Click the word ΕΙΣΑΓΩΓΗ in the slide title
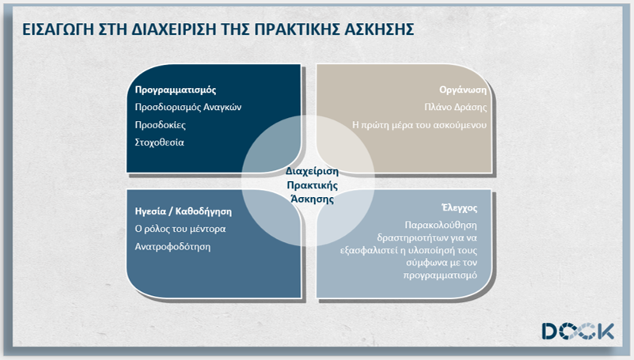[58, 29]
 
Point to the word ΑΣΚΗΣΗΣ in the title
[379, 29]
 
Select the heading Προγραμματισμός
[176, 89]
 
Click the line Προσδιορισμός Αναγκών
[188, 107]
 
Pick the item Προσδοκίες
[160, 125]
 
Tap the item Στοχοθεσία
[159, 142]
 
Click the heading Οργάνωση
[463, 89]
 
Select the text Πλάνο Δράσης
[456, 107]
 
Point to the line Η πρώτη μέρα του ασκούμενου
[420, 125]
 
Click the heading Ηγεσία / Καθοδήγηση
[183, 211]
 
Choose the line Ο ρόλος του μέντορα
[180, 229]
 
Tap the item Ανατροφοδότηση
[173, 247]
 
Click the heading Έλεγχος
[459, 208]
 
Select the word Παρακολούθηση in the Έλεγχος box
[441, 225]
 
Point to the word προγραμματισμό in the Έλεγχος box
[440, 275]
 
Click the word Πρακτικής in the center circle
[312, 185]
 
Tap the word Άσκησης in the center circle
[312, 199]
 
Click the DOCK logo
[579, 331]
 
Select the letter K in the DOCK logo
[606, 331]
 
